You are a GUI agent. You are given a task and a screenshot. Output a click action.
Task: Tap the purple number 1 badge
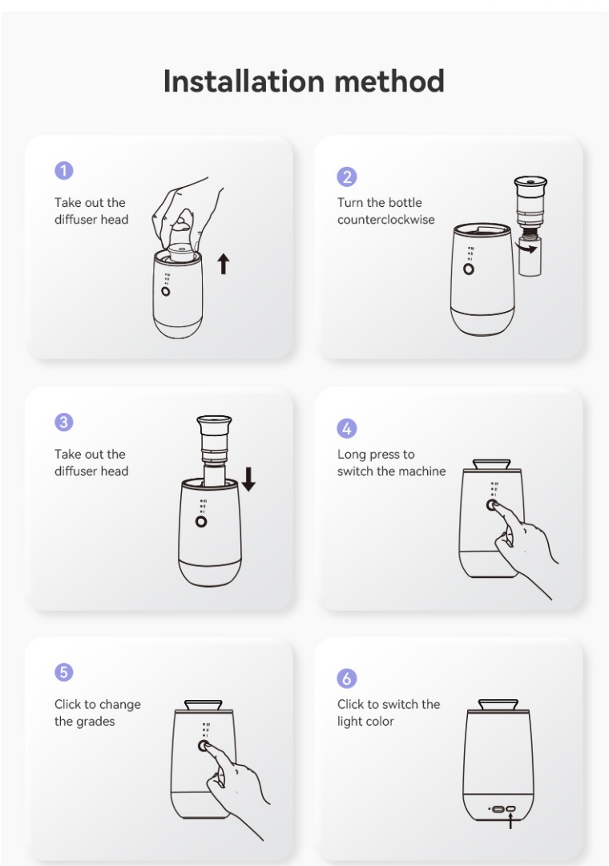click(64, 170)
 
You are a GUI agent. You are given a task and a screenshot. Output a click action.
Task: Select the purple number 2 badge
click(347, 176)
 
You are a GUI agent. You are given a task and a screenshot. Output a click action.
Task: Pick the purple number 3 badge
click(64, 423)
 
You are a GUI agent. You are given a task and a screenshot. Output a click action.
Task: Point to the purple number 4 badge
click(347, 428)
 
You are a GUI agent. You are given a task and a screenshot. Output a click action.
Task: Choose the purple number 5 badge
click(64, 672)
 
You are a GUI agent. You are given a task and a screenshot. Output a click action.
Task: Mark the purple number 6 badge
click(347, 678)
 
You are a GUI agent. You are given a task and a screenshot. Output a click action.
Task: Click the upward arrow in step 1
click(223, 264)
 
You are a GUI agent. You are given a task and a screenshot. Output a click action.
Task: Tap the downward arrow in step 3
click(248, 479)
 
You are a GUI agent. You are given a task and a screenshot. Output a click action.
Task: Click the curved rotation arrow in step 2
click(528, 248)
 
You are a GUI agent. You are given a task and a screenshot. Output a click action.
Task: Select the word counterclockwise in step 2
click(386, 220)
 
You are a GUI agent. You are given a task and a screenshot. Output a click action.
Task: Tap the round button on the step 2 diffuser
click(469, 269)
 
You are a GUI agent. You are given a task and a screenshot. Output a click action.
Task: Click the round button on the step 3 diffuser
click(201, 521)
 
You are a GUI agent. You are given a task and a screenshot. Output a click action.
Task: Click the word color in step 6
click(380, 722)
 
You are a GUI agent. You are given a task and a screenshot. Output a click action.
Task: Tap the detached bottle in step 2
click(530, 256)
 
